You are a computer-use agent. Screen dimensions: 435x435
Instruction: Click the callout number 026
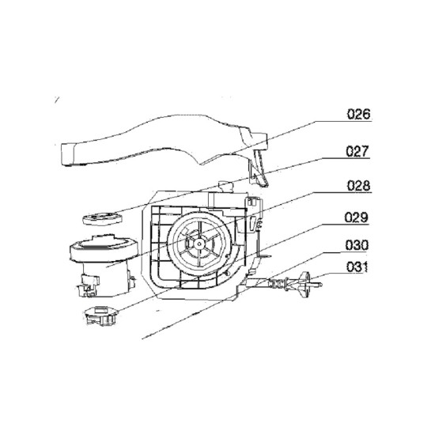359,115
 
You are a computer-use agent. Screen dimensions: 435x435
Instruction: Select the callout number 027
357,151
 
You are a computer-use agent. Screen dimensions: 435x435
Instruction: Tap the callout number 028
359,185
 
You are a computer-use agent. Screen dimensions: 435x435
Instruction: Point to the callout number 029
357,217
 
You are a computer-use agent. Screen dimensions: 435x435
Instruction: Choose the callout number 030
357,245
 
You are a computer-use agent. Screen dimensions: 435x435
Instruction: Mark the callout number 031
357,267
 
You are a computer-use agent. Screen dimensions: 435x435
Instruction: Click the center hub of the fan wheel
199,244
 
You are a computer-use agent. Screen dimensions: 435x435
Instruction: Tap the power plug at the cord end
308,282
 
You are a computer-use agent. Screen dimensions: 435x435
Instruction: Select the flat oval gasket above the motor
102,218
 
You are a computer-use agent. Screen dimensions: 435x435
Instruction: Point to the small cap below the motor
101,316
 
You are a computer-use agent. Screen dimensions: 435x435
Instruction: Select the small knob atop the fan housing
225,187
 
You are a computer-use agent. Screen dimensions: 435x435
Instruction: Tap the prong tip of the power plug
320,285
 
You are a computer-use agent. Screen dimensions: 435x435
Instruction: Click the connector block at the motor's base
89,285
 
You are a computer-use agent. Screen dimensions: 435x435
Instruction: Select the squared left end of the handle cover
67,154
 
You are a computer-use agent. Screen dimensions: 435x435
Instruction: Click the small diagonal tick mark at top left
57,100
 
